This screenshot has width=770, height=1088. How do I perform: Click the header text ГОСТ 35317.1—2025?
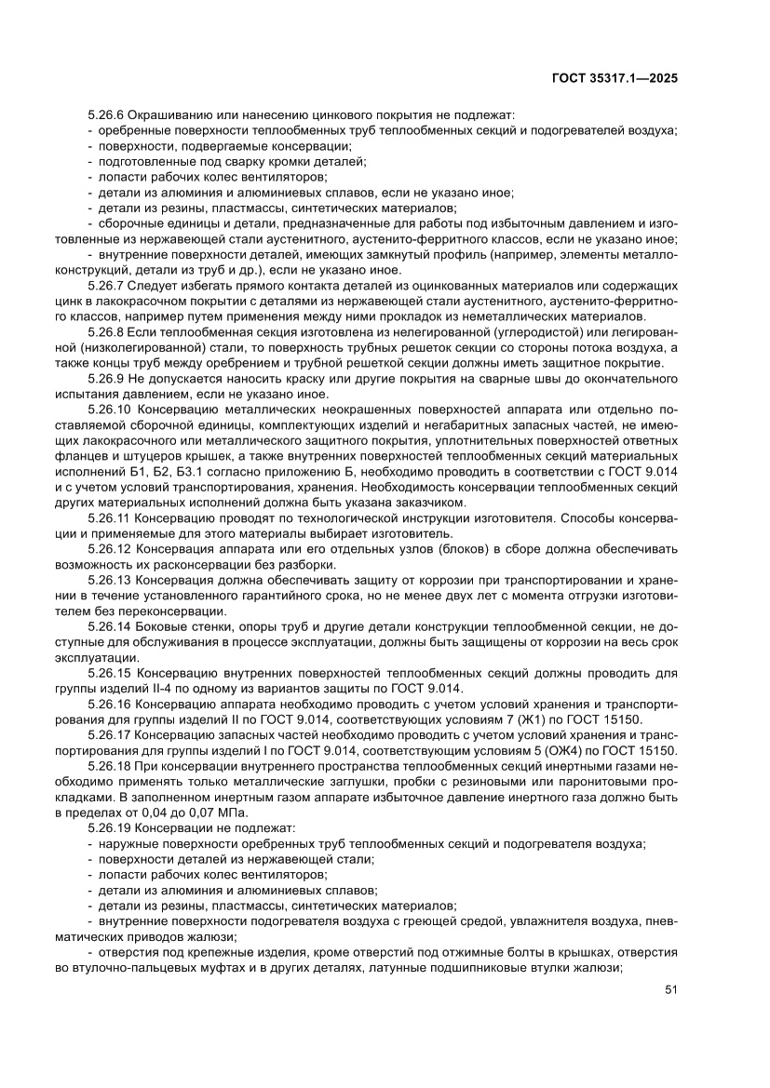(x=615, y=79)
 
